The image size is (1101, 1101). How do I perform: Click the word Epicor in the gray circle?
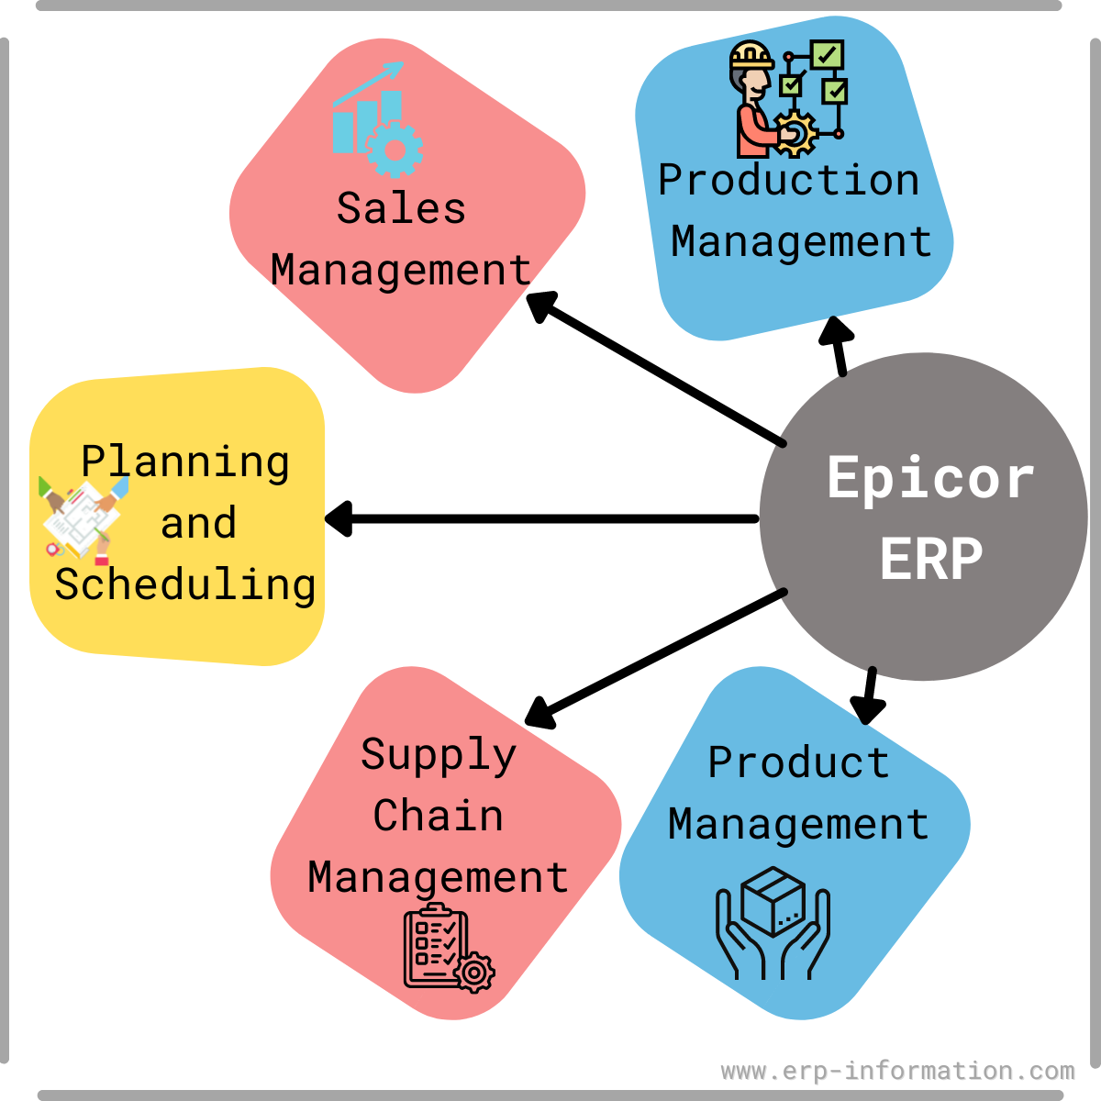[x=930, y=479]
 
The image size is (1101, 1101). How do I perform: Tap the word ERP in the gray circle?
[x=931, y=558]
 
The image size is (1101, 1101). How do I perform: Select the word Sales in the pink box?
[x=401, y=208]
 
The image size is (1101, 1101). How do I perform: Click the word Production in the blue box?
[x=789, y=180]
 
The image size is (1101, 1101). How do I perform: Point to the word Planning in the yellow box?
[x=185, y=462]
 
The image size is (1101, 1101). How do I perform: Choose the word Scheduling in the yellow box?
[x=185, y=585]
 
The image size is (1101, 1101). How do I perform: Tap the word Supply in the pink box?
[x=439, y=755]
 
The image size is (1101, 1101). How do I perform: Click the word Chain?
[x=439, y=816]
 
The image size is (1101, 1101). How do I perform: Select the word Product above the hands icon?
[x=798, y=762]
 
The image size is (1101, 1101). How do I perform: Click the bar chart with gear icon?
[x=377, y=121]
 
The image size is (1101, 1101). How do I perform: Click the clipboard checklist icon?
[x=448, y=948]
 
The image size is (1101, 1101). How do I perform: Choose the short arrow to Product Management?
[x=868, y=696]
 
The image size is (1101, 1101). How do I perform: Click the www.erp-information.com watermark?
[x=897, y=1071]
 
